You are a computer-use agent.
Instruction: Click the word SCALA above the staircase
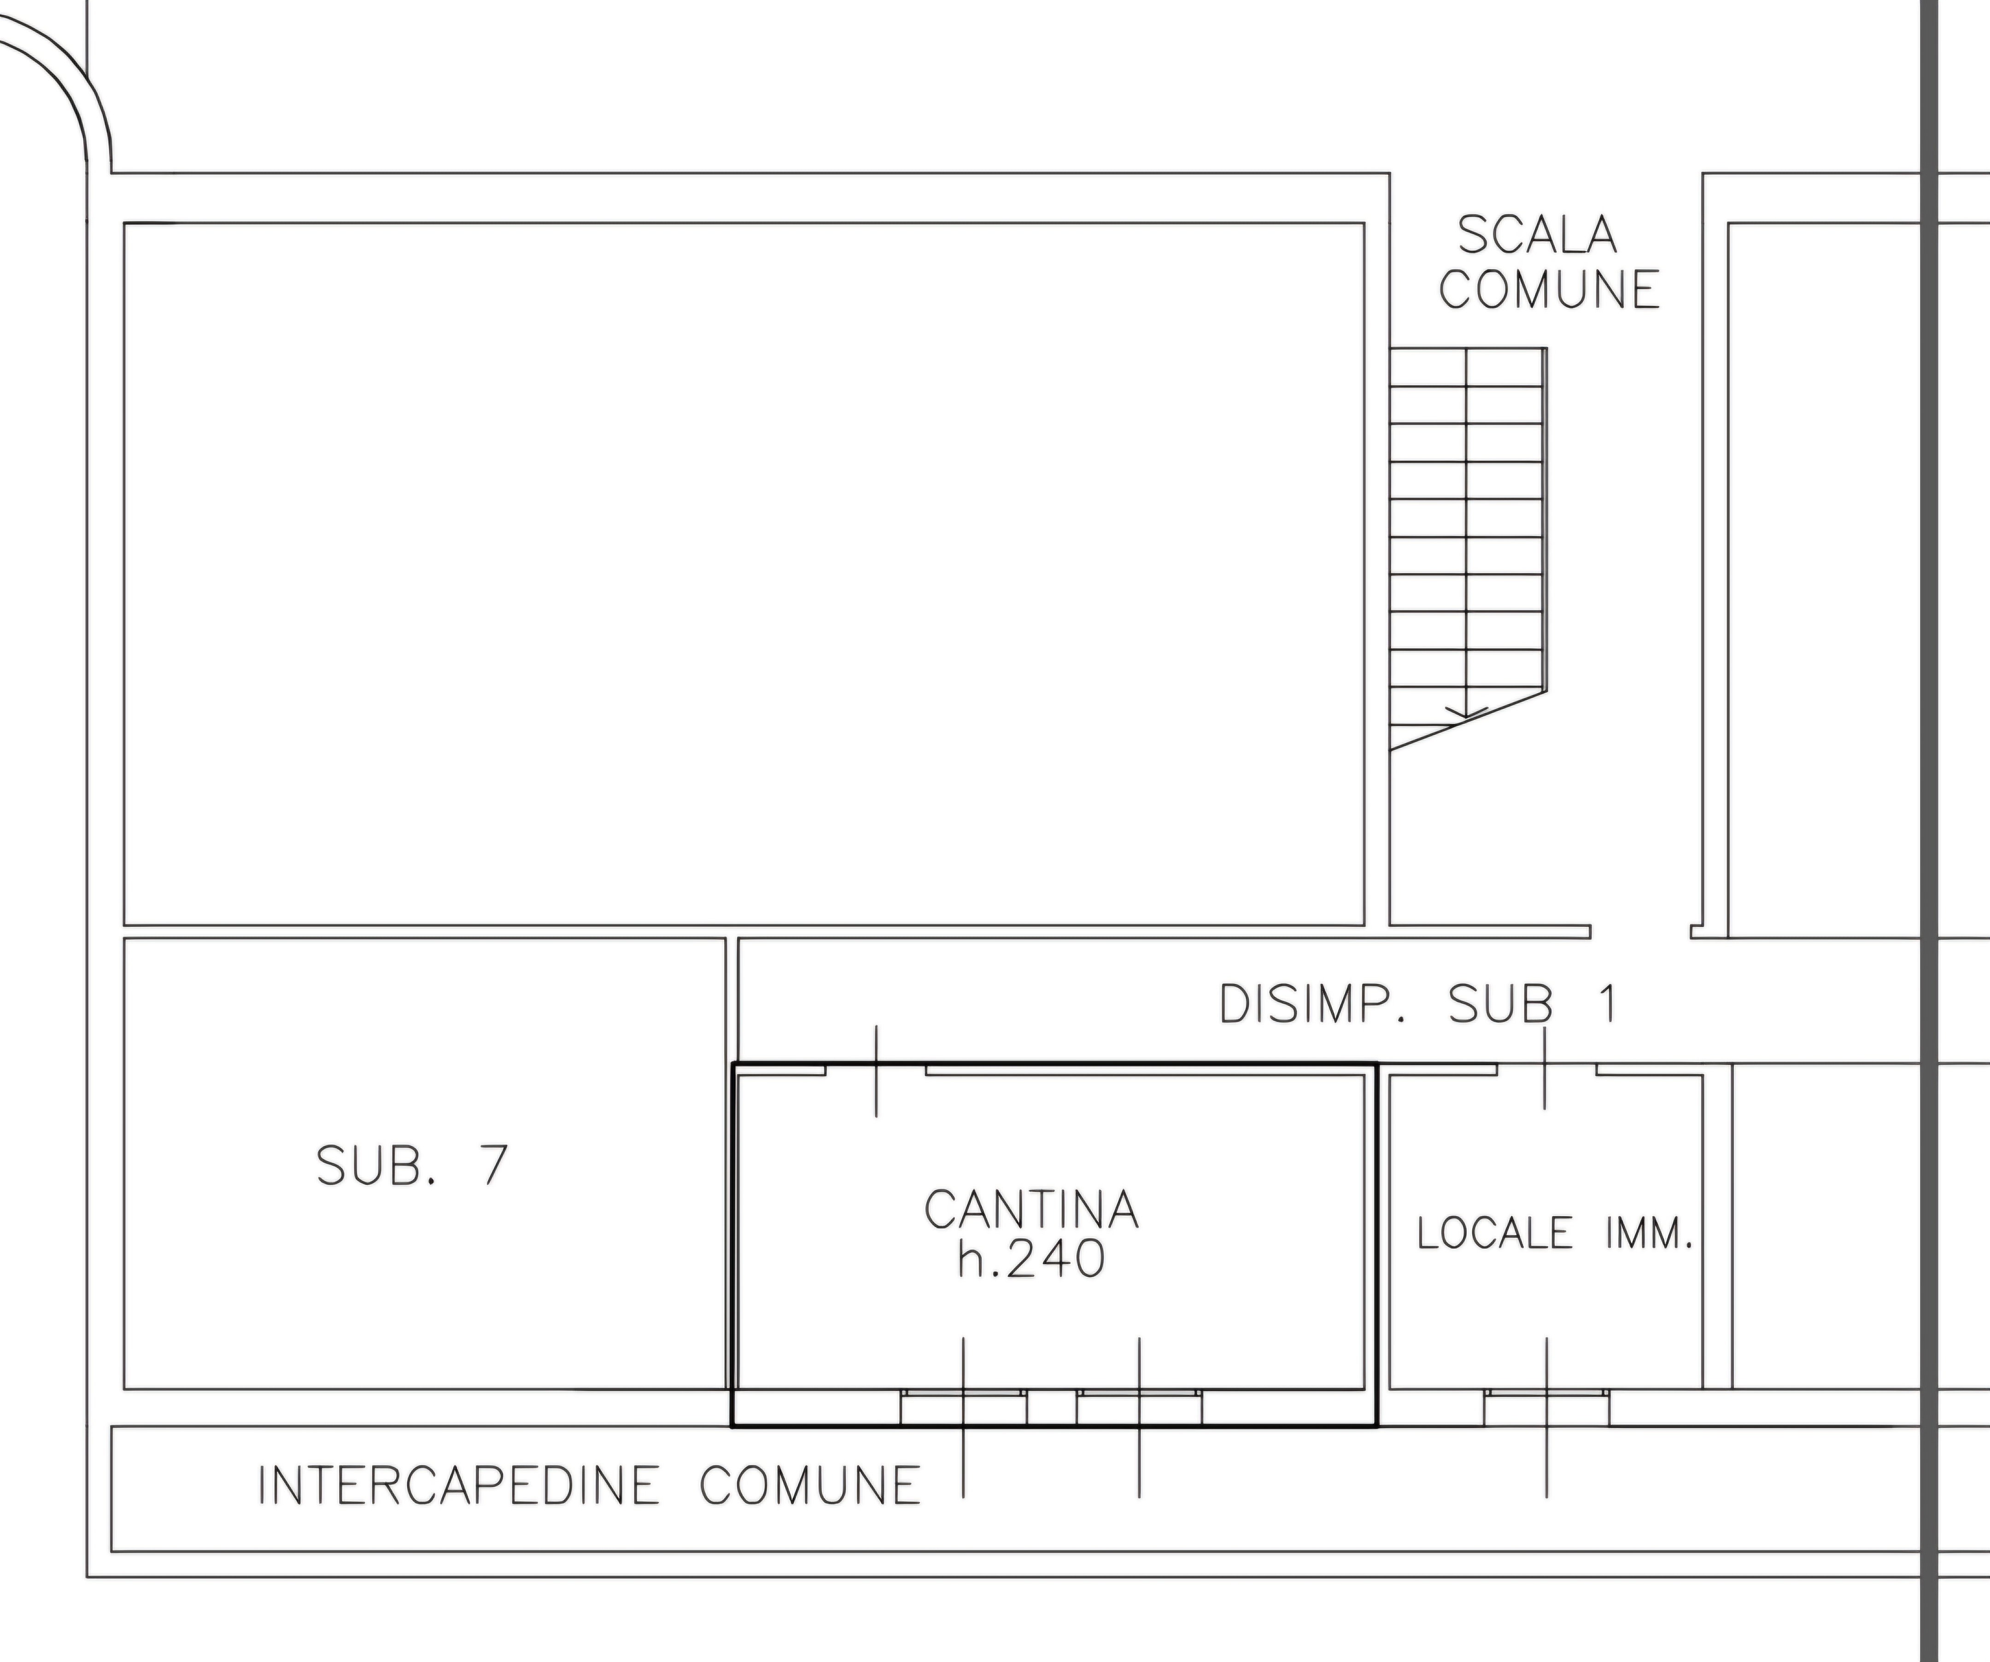(1537, 235)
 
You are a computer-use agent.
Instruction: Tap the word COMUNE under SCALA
(1549, 290)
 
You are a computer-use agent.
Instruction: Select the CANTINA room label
(1031, 1209)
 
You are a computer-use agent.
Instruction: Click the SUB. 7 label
(412, 1165)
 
